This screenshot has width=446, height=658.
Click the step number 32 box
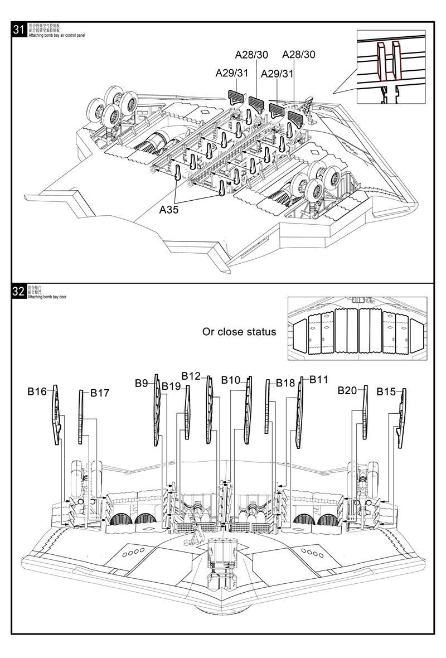pyautogui.click(x=18, y=292)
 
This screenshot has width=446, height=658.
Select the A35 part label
pyautogui.click(x=169, y=210)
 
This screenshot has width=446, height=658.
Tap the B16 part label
pyautogui.click(x=37, y=391)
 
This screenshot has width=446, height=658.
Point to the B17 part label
pyautogui.click(x=100, y=393)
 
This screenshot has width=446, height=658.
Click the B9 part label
pyautogui.click(x=141, y=383)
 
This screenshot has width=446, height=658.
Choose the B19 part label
pyautogui.click(x=171, y=386)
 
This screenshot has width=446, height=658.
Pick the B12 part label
pyautogui.click(x=191, y=376)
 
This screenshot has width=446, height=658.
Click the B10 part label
pyautogui.click(x=230, y=380)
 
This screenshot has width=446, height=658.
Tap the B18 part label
pyautogui.click(x=285, y=383)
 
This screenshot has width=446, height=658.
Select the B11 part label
pyautogui.click(x=319, y=380)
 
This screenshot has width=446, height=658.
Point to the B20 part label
pyautogui.click(x=347, y=390)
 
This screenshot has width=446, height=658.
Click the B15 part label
pyautogui.click(x=386, y=392)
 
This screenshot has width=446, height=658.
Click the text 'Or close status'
pyautogui.click(x=239, y=332)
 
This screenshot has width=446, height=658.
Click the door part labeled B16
pyautogui.click(x=56, y=415)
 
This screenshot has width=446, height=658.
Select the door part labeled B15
pyautogui.click(x=401, y=418)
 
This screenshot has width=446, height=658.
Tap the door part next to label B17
pyautogui.click(x=83, y=418)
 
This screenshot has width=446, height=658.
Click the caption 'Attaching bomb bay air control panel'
pyautogui.click(x=56, y=35)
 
